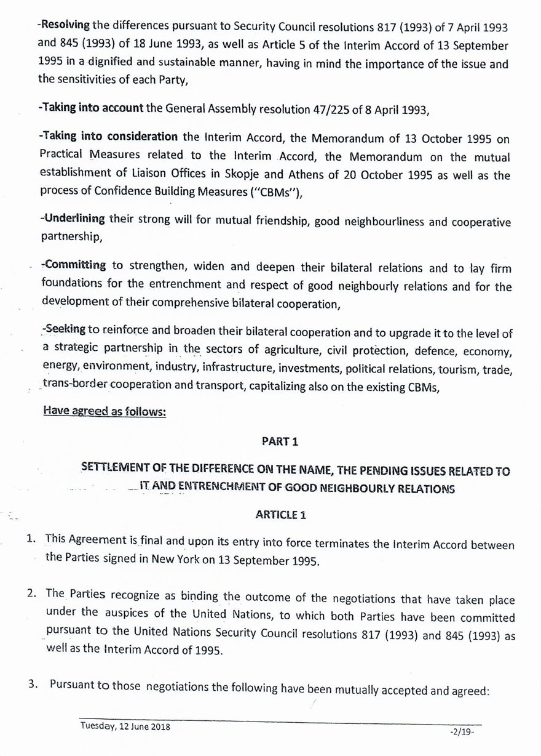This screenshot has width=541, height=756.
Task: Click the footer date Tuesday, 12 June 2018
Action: [x=125, y=726]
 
